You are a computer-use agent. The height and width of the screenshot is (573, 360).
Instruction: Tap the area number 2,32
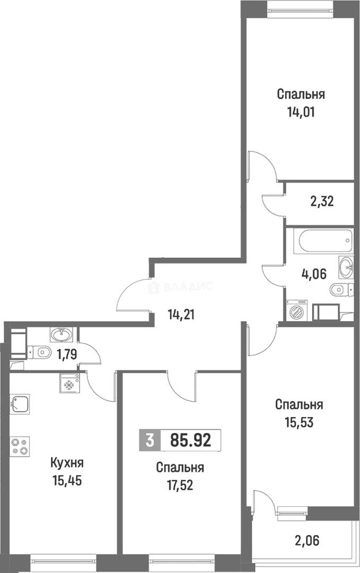(x=321, y=202)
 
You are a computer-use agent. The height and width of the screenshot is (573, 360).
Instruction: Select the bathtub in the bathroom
(x=324, y=243)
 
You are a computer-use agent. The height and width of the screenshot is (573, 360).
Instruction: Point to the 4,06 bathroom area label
(x=313, y=274)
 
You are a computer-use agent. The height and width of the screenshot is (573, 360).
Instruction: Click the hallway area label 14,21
(x=181, y=315)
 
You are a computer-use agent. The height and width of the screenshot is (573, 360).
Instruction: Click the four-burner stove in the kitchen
(x=20, y=445)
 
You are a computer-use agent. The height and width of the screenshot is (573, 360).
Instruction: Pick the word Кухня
(x=66, y=463)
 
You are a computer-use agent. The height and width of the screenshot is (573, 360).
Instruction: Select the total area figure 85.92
(x=191, y=440)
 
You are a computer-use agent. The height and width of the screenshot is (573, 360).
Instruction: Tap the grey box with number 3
(x=150, y=440)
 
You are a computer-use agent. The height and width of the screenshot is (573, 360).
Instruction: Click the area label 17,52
(x=180, y=486)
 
